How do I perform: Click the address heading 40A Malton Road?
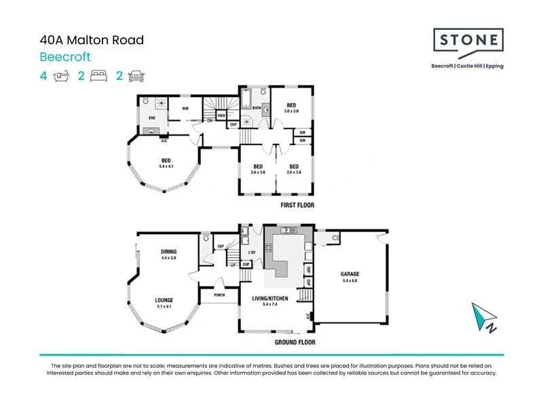click(92, 41)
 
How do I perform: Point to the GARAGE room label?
click(350, 274)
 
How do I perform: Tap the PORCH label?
click(219, 295)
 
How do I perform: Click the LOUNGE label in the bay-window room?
click(164, 299)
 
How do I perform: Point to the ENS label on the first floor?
click(152, 117)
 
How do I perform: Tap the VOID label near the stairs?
click(221, 115)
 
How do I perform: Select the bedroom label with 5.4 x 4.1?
click(166, 163)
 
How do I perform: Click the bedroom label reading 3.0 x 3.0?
click(291, 107)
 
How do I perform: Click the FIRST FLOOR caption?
click(297, 205)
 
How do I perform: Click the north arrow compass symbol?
click(483, 317)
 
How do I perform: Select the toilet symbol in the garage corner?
click(336, 238)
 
